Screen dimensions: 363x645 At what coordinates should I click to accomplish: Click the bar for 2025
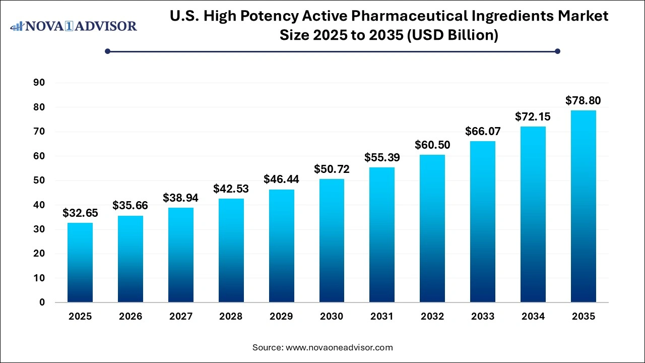click(x=80, y=262)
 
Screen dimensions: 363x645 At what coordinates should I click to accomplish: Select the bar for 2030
click(x=332, y=240)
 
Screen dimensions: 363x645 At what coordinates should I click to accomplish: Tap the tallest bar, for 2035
click(x=583, y=206)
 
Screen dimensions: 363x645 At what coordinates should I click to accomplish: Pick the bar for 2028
click(x=231, y=250)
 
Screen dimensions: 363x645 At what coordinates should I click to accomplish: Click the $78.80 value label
click(x=583, y=100)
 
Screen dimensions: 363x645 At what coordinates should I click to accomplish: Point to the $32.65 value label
click(x=80, y=213)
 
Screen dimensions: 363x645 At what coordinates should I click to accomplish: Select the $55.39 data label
click(x=382, y=158)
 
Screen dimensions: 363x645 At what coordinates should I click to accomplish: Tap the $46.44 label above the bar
click(x=281, y=179)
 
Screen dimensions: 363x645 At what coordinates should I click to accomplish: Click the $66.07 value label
click(x=482, y=132)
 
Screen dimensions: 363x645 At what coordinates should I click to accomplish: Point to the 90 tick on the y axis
click(x=39, y=83)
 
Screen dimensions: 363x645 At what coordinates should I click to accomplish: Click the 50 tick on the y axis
click(x=39, y=180)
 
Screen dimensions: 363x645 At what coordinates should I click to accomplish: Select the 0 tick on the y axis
click(x=42, y=302)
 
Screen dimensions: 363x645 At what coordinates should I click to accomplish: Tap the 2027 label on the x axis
click(x=180, y=317)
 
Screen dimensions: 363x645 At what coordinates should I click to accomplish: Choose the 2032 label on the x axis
click(x=432, y=317)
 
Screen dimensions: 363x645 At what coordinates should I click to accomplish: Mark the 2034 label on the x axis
click(x=533, y=317)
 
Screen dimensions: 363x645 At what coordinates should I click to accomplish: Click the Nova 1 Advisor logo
click(x=74, y=26)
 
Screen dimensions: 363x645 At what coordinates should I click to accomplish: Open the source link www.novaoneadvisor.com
click(x=339, y=347)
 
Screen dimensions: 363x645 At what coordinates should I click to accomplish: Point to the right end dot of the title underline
click(x=557, y=51)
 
